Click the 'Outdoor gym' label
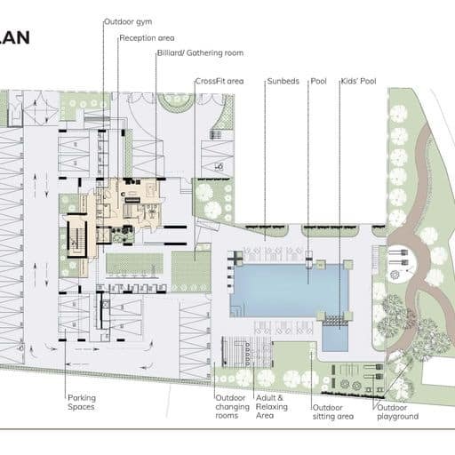(x=128, y=21)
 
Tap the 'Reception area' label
(x=147, y=38)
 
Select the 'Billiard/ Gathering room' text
(x=200, y=53)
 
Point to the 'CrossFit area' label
(x=220, y=81)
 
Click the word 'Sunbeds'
(x=283, y=81)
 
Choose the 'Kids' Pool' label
(x=358, y=81)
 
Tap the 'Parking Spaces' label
(x=82, y=402)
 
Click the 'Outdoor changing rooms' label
(x=232, y=406)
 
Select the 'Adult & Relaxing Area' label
(x=272, y=406)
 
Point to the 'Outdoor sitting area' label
(x=333, y=412)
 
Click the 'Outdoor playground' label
(x=397, y=412)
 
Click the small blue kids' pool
(x=335, y=338)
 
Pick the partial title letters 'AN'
(x=15, y=38)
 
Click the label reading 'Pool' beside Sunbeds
(x=319, y=81)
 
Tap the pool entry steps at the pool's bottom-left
(x=237, y=312)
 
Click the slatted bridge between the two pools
(x=335, y=321)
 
